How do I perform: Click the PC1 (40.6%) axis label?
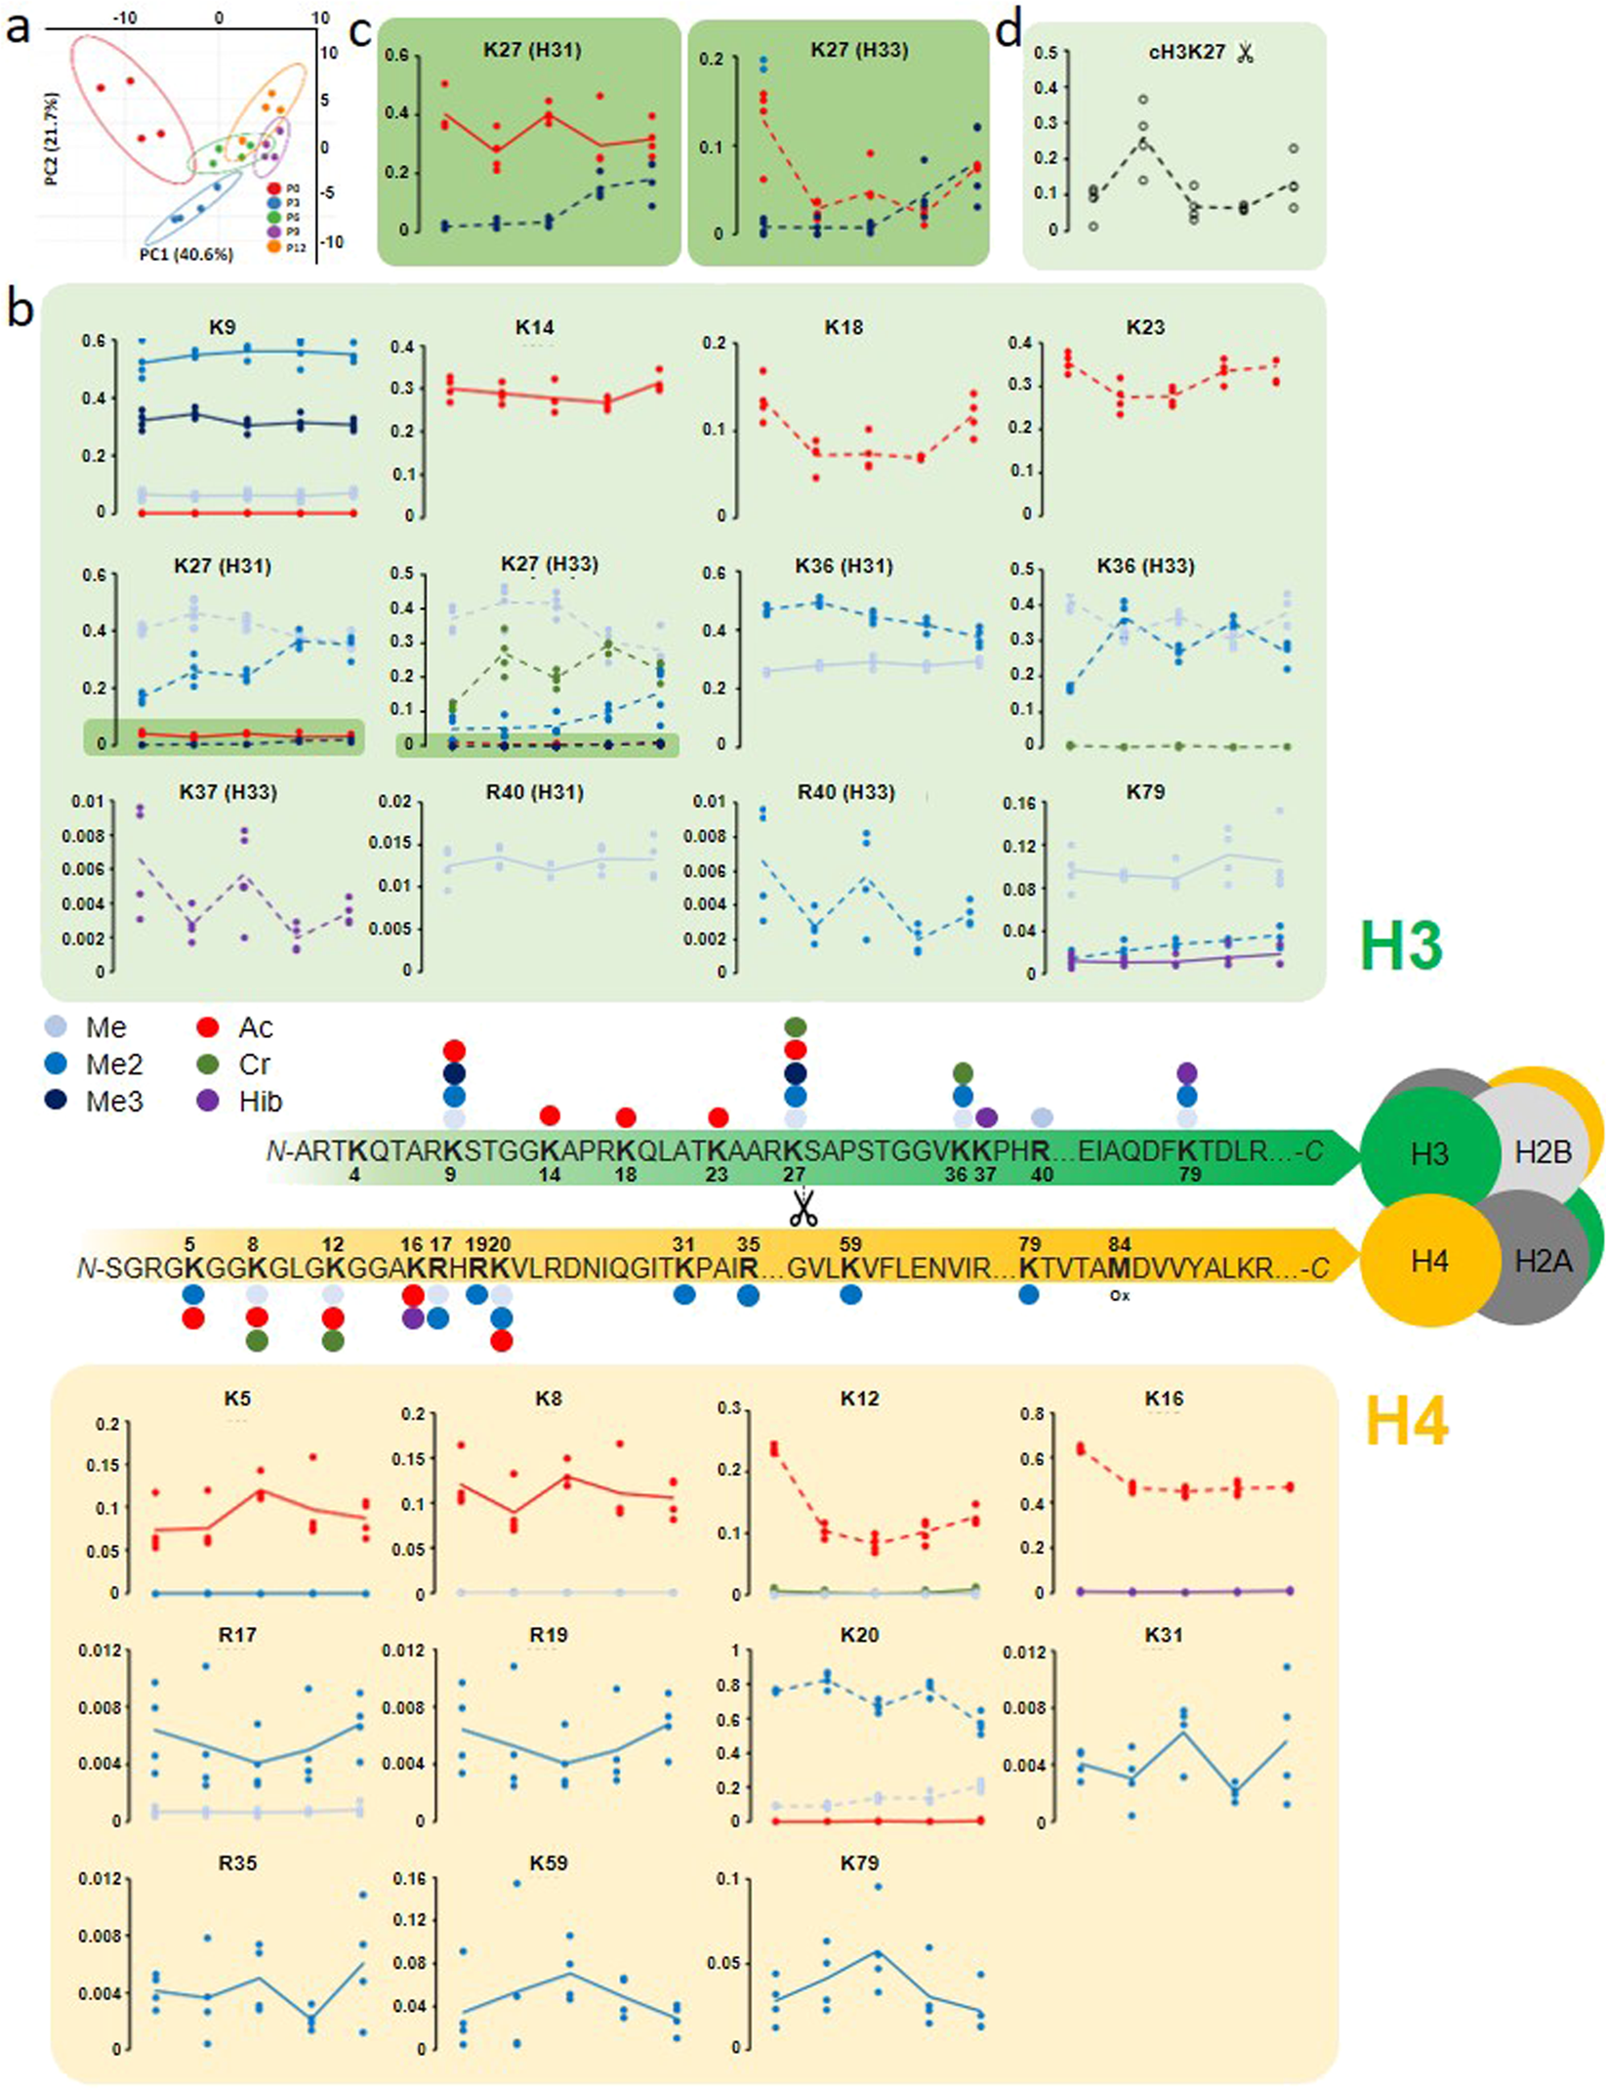[x=185, y=255]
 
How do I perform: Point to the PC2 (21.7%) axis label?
[x=51, y=139]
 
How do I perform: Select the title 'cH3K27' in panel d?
[x=1186, y=53]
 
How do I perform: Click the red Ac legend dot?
[x=207, y=1027]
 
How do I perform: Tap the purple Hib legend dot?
[x=207, y=1102]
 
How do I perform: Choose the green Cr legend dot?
[x=207, y=1065]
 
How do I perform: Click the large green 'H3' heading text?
[x=1401, y=945]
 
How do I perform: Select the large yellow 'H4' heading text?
[x=1406, y=1421]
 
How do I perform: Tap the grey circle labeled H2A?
[x=1543, y=1262]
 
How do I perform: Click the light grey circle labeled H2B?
[x=1543, y=1153]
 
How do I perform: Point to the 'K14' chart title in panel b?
[x=534, y=327]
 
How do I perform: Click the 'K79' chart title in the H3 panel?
[x=1144, y=791]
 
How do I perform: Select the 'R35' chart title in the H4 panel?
[x=237, y=1862]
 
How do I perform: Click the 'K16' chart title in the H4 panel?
[x=1164, y=1399]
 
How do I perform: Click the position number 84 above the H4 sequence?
[x=1119, y=1244]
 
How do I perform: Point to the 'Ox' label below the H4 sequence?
[x=1119, y=1296]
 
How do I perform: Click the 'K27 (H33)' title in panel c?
[x=859, y=50]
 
